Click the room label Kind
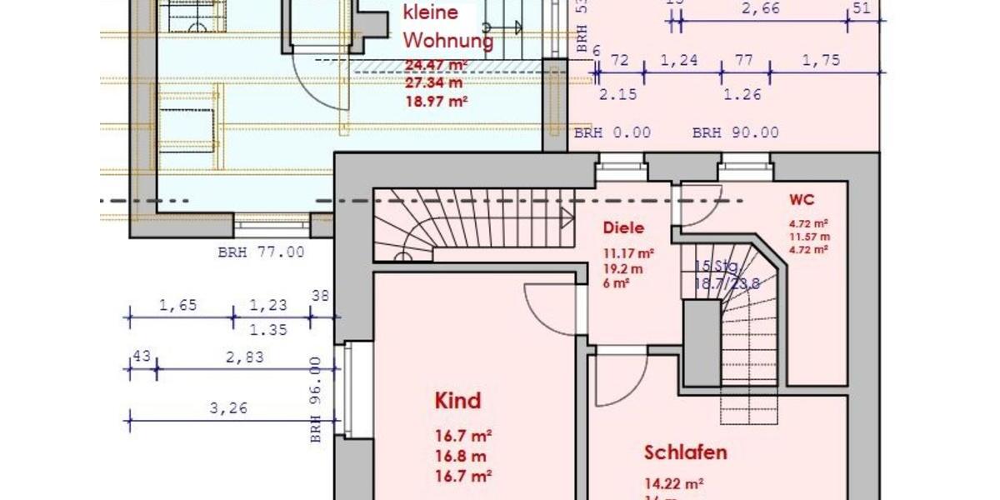coord(458,401)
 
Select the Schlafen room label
coord(685,452)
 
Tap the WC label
coord(802,201)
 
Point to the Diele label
coord(624,228)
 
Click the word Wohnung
coord(448,41)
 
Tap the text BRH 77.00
coord(261,252)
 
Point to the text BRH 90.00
coord(735,132)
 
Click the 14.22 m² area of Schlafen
coord(673,482)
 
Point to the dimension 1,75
coord(822,60)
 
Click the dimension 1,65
coord(177,305)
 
